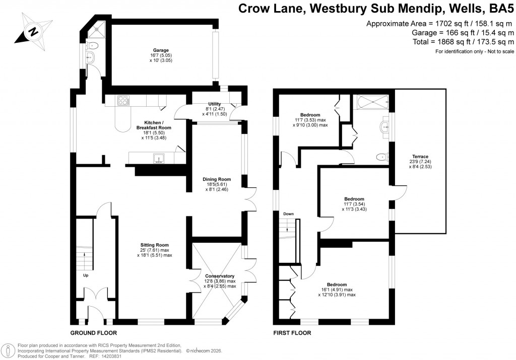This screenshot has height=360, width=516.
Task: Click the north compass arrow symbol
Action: tap(32, 31)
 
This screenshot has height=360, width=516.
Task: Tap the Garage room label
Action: tap(160, 50)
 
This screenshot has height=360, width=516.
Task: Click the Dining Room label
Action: tap(217, 179)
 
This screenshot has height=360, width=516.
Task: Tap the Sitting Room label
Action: tap(154, 245)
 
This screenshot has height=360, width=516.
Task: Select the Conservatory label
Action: tap(220, 276)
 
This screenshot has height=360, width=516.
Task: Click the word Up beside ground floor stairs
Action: tap(86, 275)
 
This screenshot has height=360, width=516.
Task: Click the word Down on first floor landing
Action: tap(288, 214)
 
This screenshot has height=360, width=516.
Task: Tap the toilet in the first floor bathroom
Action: tap(383, 157)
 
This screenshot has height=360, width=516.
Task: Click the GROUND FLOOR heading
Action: tap(94, 333)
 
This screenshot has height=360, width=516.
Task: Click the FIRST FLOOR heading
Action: tap(292, 333)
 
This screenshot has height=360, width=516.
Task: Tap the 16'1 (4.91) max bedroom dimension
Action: tap(337, 290)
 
